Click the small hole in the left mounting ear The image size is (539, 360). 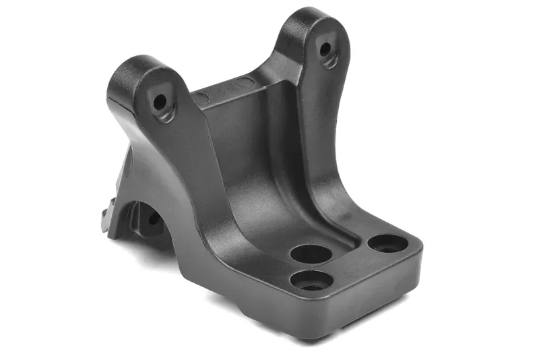pos(160,102)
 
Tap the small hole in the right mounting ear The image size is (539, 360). pos(325,49)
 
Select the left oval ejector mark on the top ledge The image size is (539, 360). pos(202,98)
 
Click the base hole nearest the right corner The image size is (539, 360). pos(388,244)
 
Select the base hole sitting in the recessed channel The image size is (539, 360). pos(311,255)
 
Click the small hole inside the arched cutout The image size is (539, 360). pos(150,220)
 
